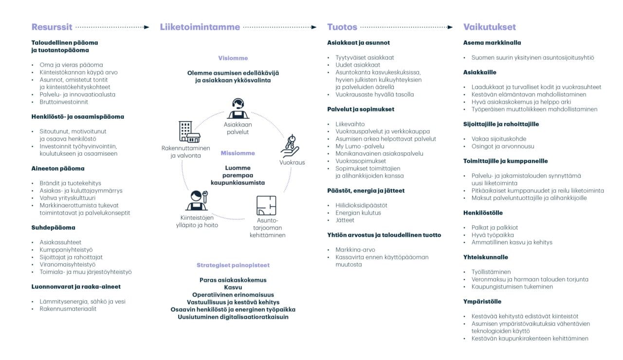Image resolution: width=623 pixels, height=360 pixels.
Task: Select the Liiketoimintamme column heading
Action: pyautogui.click(x=200, y=27)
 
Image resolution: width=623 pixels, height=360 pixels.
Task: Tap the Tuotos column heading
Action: pyautogui.click(x=342, y=27)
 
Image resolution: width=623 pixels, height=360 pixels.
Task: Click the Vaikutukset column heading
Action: pyautogui.click(x=489, y=27)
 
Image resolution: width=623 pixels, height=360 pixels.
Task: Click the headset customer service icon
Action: pyautogui.click(x=238, y=108)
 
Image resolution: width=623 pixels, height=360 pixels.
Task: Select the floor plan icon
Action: pyautogui.click(x=266, y=206)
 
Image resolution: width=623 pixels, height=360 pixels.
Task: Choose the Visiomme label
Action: pyautogui.click(x=233, y=58)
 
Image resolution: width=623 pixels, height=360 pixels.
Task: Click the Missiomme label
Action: pyautogui.click(x=238, y=153)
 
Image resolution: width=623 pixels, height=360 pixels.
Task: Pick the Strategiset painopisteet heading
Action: pyautogui.click(x=233, y=265)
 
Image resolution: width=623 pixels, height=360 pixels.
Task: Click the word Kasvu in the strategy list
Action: pyautogui.click(x=233, y=288)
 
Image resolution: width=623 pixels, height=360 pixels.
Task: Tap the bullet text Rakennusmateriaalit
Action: pyautogui.click(x=68, y=309)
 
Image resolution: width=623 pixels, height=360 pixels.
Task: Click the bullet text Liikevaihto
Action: pyautogui.click(x=349, y=124)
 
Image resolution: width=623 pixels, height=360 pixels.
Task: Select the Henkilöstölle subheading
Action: pyautogui.click(x=483, y=213)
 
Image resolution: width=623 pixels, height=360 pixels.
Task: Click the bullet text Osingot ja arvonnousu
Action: pyautogui.click(x=502, y=146)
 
